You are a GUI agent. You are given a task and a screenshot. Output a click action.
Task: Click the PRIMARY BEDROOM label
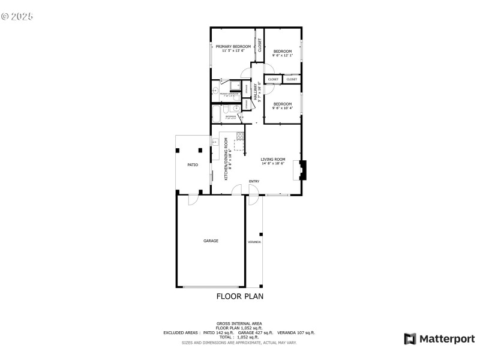[233, 46]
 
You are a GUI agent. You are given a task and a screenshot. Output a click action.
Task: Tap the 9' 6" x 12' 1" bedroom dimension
[283, 56]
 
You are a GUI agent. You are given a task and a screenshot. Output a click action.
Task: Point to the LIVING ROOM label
[272, 159]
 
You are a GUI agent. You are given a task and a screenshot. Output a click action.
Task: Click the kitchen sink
[214, 142]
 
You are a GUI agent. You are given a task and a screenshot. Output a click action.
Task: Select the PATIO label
[193, 164]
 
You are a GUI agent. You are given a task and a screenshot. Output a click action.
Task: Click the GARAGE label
[211, 241]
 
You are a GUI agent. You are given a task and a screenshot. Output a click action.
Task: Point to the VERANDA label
[254, 242]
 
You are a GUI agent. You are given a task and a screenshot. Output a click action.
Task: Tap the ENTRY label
[254, 181]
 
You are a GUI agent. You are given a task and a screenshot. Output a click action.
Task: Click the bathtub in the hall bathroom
[217, 113]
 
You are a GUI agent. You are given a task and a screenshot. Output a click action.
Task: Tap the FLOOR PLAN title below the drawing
[239, 296]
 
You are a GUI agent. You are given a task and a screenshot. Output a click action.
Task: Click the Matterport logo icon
[410, 339]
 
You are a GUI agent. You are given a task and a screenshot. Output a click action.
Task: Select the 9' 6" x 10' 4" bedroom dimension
[283, 108]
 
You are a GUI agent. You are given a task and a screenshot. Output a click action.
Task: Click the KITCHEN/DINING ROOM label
[226, 159]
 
